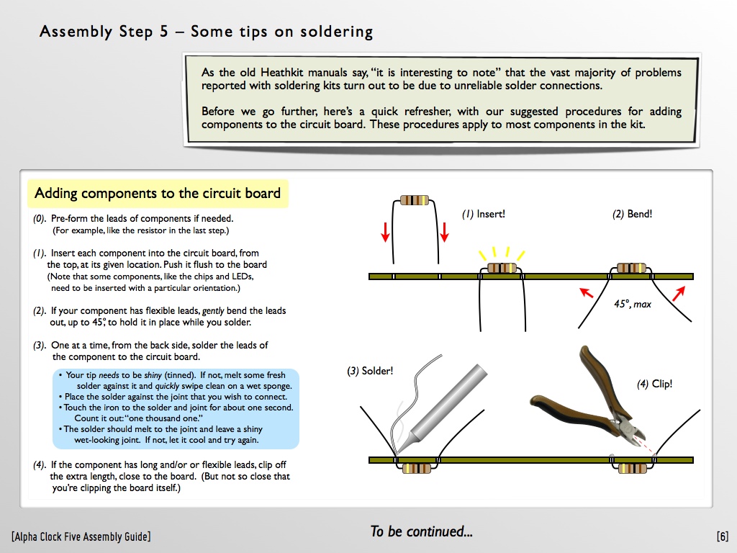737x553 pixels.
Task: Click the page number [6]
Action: point(722,536)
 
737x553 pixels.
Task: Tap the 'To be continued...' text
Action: point(421,532)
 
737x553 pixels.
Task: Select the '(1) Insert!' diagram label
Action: point(484,214)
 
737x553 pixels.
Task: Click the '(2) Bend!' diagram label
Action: point(632,214)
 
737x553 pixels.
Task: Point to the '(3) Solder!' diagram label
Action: point(371,372)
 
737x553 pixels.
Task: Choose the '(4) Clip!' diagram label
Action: point(654,384)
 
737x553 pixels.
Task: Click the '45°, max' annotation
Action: point(632,304)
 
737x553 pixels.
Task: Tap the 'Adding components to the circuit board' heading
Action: point(157,193)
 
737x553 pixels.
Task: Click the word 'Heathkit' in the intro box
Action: point(275,73)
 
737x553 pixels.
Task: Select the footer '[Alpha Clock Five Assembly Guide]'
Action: point(81,536)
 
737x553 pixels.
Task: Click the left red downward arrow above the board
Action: point(386,231)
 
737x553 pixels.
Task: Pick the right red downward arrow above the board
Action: point(445,231)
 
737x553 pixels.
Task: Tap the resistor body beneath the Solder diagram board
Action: point(417,469)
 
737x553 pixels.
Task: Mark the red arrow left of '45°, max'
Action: point(587,292)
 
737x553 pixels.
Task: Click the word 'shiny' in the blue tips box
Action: point(150,375)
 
